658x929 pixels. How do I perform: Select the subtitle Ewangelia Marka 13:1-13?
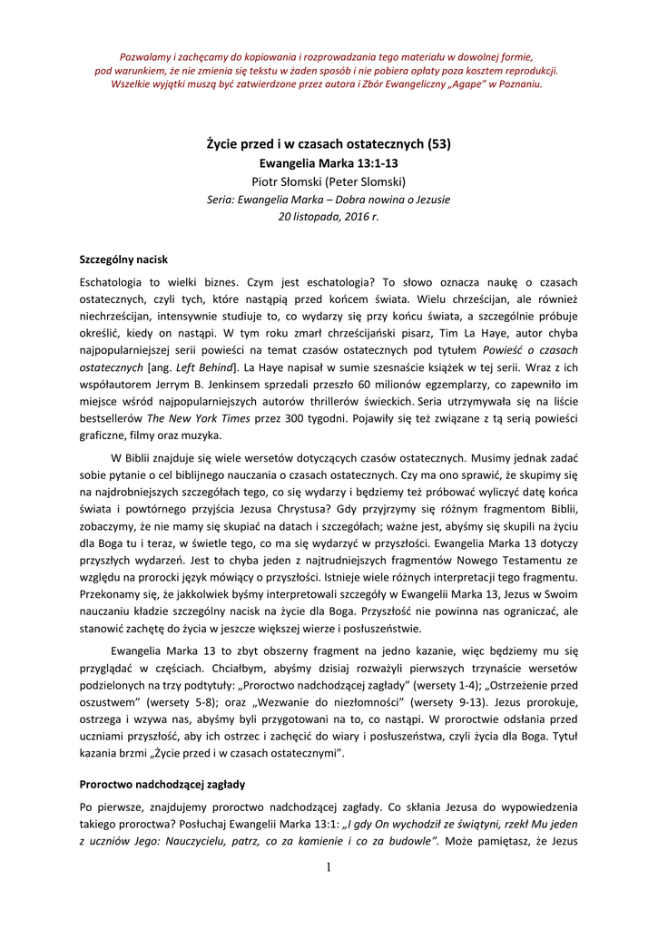click(x=329, y=162)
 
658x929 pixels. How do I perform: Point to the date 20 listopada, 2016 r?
click(x=329, y=217)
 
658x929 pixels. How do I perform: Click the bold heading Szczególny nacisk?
click(x=123, y=259)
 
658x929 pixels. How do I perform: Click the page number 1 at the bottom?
click(x=329, y=868)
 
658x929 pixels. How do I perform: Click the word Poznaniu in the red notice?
click(x=518, y=84)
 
